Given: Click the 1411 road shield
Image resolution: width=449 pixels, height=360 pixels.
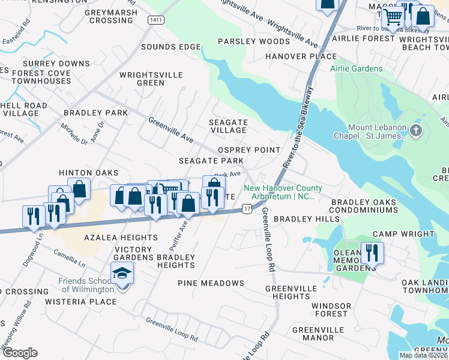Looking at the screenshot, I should pos(155,20).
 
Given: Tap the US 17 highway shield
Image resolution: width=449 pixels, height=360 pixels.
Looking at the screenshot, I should pos(247,207).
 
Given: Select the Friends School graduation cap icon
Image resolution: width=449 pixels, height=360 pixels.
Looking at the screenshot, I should pos(122,274).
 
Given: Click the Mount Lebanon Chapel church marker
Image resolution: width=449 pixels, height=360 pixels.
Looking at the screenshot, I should pos(418,131).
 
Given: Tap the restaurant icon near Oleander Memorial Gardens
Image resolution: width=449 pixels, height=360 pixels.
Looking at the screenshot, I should pos(373,253).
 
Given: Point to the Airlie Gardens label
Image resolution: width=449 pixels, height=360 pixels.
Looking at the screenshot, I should pos(356,68).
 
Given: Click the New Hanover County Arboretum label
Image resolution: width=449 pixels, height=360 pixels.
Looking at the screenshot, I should pos(283,193).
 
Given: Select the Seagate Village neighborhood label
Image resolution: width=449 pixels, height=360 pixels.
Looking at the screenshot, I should pos(228,126).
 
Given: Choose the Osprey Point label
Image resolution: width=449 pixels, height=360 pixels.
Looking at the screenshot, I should pos(249,150).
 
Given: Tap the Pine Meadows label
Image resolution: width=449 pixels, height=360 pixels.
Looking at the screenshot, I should pos(211,283).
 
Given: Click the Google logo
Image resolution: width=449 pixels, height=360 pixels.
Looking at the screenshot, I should pos(20,353).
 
